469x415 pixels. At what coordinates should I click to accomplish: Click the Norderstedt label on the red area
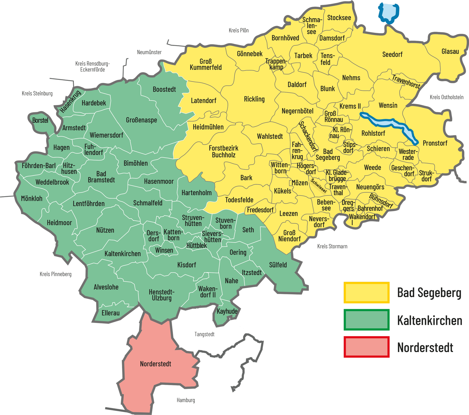tap(155, 364)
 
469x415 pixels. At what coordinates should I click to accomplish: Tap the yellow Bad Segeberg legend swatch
tap(366, 292)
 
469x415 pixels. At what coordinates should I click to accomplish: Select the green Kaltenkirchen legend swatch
tap(366, 320)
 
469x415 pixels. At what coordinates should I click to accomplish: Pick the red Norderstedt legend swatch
tap(366, 347)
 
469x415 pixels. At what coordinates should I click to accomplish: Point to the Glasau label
tap(450, 52)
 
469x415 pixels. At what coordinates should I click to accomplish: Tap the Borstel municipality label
tap(40, 120)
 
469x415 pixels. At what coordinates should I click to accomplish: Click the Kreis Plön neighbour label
tap(239, 30)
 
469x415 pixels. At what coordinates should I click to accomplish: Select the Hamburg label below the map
tap(186, 400)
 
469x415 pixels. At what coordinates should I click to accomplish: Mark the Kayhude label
tap(227, 311)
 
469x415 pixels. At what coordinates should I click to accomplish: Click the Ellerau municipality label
tap(111, 313)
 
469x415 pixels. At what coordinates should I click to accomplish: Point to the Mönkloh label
tap(32, 199)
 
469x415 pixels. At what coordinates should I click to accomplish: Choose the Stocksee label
tap(339, 18)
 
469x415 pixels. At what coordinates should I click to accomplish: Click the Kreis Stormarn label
tap(332, 246)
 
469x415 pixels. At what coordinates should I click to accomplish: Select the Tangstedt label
tap(204, 334)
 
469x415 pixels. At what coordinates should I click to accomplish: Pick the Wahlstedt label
tap(270, 136)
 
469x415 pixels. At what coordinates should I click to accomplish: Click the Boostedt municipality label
tap(164, 89)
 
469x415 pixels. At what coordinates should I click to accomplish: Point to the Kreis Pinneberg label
tap(55, 274)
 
